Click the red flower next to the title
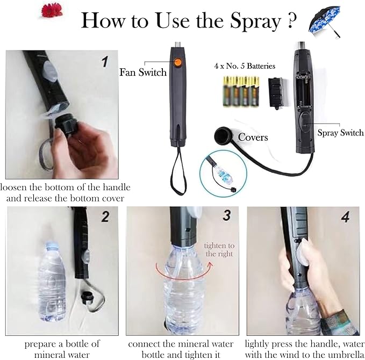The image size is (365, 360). coord(52,11)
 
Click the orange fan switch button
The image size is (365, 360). coord(177,62)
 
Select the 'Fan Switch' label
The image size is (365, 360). coord(143,72)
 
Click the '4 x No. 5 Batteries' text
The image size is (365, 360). coord(245,66)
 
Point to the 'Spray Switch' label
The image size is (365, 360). coord(341,133)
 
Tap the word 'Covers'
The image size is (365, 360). coord(253,138)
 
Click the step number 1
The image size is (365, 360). coord(105,62)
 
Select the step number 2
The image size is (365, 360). coord(105,217)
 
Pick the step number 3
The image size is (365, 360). coord(227,215)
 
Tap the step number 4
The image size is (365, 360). coord(346,217)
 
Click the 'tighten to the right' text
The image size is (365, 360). coord(219,249)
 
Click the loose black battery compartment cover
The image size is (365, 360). coord(276,92)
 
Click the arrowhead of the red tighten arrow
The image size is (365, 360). coord(210,264)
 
